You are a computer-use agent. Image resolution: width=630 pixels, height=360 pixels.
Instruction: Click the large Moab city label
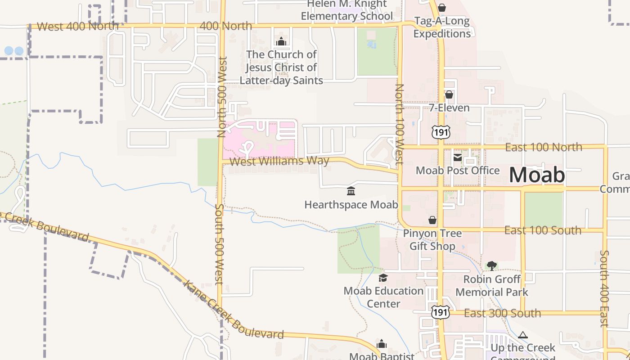click(537, 175)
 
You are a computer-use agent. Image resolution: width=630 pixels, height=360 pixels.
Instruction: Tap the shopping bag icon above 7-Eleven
click(449, 94)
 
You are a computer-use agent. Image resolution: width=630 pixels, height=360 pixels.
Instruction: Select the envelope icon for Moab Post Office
click(458, 157)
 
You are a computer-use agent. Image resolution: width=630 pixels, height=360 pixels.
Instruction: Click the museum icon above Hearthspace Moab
click(351, 191)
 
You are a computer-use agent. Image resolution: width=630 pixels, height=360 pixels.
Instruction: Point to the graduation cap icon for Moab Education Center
click(383, 278)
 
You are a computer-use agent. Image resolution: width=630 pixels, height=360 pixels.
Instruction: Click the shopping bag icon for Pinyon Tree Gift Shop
click(432, 220)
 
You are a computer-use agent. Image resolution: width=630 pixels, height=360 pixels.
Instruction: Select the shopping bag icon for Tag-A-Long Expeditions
click(442, 8)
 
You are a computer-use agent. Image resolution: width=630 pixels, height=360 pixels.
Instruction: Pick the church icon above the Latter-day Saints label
click(281, 42)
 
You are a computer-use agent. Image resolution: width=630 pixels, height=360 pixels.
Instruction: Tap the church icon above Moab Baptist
click(382, 344)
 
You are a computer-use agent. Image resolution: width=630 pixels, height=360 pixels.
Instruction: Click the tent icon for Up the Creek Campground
click(522, 335)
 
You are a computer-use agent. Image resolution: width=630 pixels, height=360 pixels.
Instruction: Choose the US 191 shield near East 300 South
click(440, 311)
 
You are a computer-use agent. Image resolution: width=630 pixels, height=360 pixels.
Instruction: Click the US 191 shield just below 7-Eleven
click(440, 131)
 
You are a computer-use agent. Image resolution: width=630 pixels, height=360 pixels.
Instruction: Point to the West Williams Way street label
click(279, 161)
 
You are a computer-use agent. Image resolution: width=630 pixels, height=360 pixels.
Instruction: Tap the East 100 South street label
click(543, 230)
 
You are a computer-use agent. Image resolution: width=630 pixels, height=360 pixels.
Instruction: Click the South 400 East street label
click(604, 288)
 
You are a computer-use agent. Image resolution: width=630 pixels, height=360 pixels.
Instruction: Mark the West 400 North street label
click(78, 26)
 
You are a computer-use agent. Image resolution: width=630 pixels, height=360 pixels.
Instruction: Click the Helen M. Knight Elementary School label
click(346, 10)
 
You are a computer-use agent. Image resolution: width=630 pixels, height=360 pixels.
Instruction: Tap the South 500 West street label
click(220, 243)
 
